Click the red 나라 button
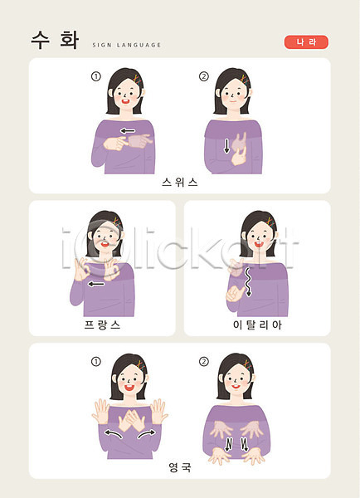[x=306, y=42]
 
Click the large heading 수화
[x=55, y=40]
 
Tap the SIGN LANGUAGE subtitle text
[x=127, y=45]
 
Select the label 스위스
[x=180, y=183]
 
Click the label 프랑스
[x=102, y=325]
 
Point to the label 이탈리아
[x=257, y=325]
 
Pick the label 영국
[x=180, y=467]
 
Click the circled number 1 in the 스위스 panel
[x=96, y=76]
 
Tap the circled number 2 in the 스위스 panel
[x=204, y=76]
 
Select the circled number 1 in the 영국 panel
[x=96, y=362]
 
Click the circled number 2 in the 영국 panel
[x=204, y=362]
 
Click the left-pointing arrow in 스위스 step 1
[x=128, y=130]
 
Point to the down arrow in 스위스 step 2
[x=226, y=146]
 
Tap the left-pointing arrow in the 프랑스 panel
[x=96, y=284]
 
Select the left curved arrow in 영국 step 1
[x=114, y=433]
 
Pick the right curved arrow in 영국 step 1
[x=147, y=433]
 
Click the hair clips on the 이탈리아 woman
[x=270, y=222]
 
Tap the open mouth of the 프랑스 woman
[x=105, y=244]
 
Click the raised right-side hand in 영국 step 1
[x=158, y=412]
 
